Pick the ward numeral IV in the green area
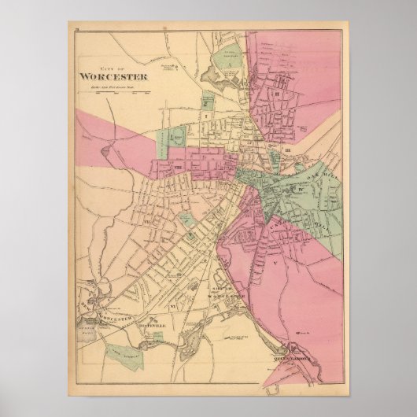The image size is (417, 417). pyautogui.click(x=301, y=189)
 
